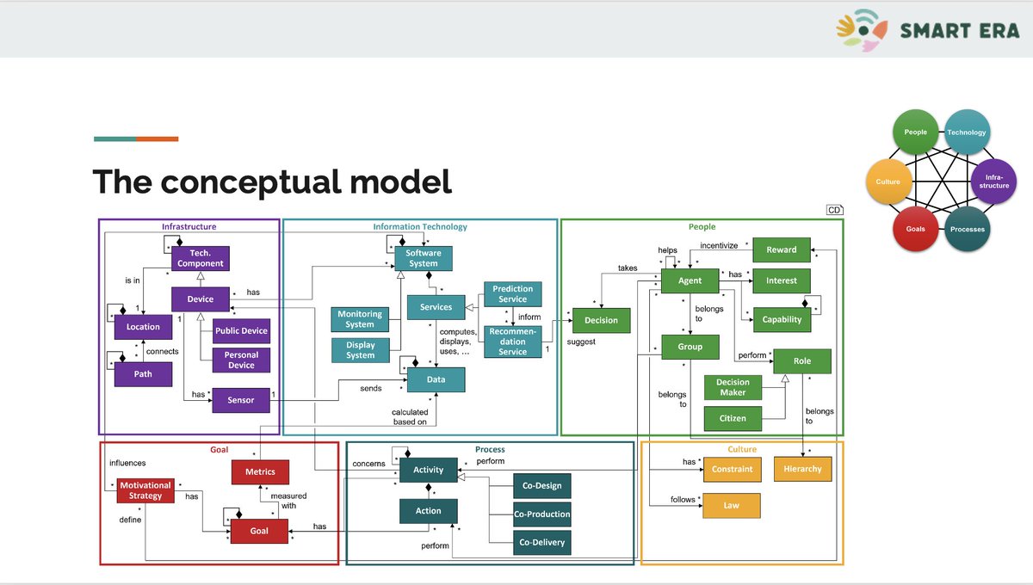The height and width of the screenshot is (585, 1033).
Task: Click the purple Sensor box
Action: tap(241, 400)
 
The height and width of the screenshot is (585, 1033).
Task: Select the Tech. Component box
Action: tap(200, 258)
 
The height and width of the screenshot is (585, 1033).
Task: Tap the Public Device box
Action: tap(241, 331)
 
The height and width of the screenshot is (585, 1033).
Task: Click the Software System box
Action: tap(424, 258)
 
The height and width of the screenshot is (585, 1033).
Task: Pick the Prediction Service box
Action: tap(512, 294)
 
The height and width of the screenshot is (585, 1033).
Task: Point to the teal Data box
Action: tap(436, 379)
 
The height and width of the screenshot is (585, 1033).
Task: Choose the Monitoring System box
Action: tap(360, 319)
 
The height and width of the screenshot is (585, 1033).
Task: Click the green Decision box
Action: tap(601, 320)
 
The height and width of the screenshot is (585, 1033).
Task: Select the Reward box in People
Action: tap(781, 249)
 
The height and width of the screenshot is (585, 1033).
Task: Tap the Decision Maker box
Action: tap(733, 387)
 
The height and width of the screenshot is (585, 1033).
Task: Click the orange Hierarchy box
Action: tap(803, 469)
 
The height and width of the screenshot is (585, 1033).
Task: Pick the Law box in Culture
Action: tap(731, 506)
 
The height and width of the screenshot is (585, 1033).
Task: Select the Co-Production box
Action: tap(541, 514)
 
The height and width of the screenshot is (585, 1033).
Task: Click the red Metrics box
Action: tap(260, 471)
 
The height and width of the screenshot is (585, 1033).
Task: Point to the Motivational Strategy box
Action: tap(145, 490)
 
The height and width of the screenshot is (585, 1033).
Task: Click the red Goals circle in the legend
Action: tap(915, 229)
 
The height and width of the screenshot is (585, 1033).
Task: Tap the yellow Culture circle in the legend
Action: tap(888, 182)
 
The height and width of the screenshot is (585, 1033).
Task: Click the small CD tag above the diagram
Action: tap(834, 210)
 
